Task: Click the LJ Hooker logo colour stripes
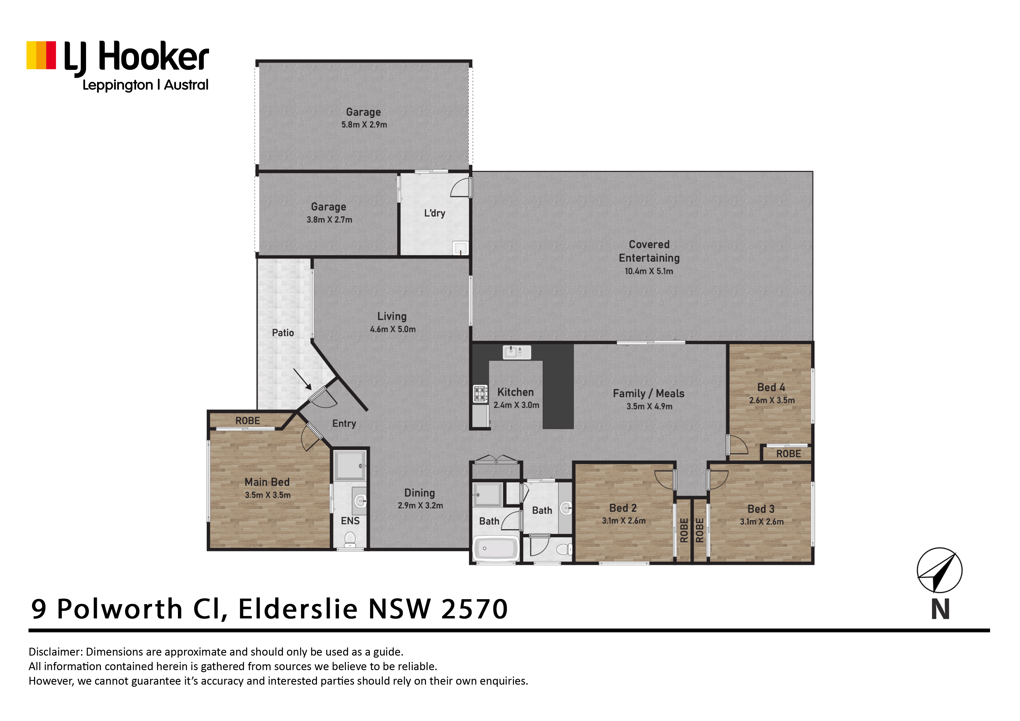41,56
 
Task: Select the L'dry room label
434,213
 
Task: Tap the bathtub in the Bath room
496,549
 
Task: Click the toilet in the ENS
350,540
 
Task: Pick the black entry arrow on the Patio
302,379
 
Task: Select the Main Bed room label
267,482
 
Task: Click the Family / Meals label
649,394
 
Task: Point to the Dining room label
419,493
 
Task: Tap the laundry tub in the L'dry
460,248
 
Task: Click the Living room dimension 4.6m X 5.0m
393,329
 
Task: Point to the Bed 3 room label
761,509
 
